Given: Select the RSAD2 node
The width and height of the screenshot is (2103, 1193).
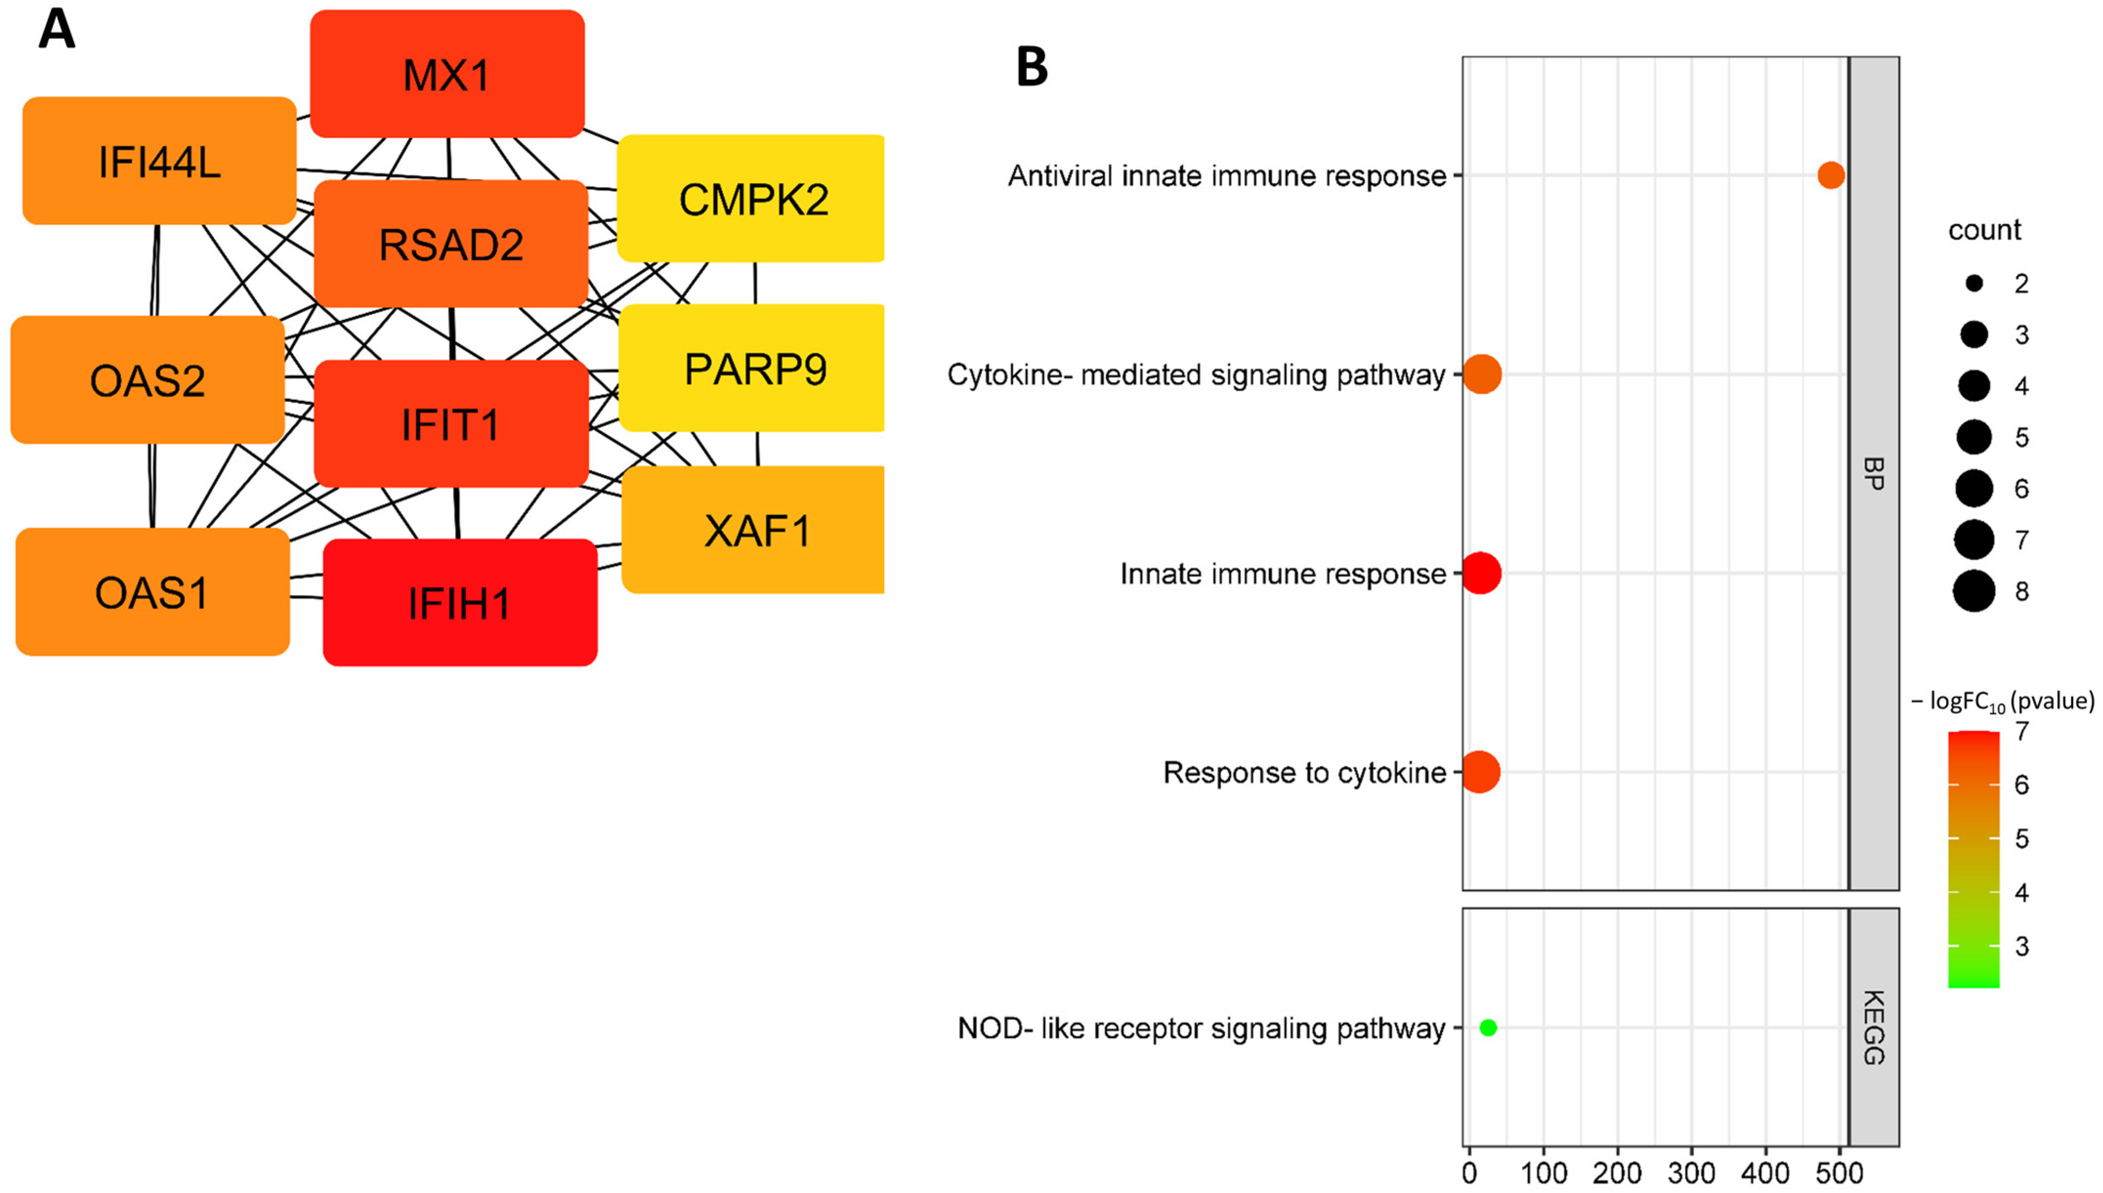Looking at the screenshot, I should tap(451, 244).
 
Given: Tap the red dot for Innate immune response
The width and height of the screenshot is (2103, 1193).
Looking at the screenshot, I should tap(1481, 574).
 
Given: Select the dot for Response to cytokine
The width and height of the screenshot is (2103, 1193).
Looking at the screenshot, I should tap(1480, 772).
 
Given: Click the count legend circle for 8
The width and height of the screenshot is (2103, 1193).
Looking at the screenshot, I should tap(1974, 591).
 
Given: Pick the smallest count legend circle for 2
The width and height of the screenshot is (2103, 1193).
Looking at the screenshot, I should tap(1974, 284).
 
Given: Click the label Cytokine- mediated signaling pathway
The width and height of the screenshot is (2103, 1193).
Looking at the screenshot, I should tap(1196, 375).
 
